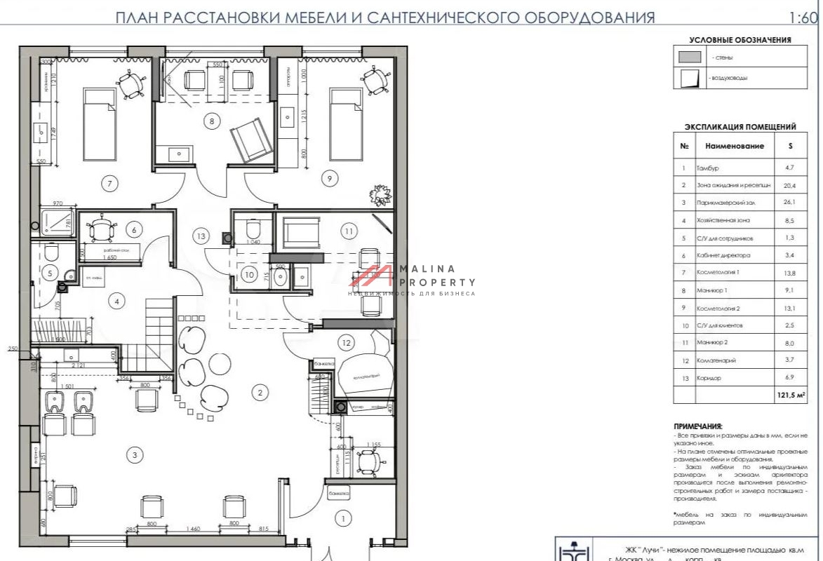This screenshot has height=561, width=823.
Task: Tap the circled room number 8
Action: click(212, 121)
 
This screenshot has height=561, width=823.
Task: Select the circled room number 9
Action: click(328, 179)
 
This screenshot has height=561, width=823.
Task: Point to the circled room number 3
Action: click(134, 455)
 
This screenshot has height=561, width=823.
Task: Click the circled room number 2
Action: click(260, 393)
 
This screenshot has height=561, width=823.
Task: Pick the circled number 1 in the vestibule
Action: click(343, 519)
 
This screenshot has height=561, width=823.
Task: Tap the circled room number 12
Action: click(344, 342)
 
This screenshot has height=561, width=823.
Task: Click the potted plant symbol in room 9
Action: click(382, 194)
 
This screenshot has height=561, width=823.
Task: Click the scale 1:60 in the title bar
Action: click(805, 17)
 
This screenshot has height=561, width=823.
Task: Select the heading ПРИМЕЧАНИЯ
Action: click(697, 426)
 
